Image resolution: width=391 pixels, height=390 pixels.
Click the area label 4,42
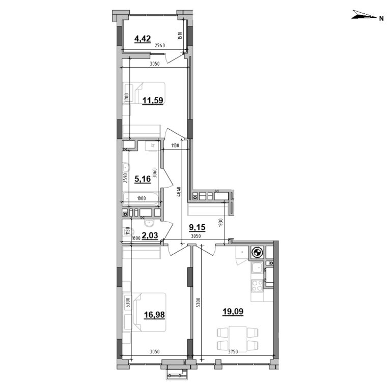[143, 38]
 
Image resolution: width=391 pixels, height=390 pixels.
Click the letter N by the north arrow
[381, 18]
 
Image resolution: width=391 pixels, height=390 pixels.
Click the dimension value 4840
[179, 194]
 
